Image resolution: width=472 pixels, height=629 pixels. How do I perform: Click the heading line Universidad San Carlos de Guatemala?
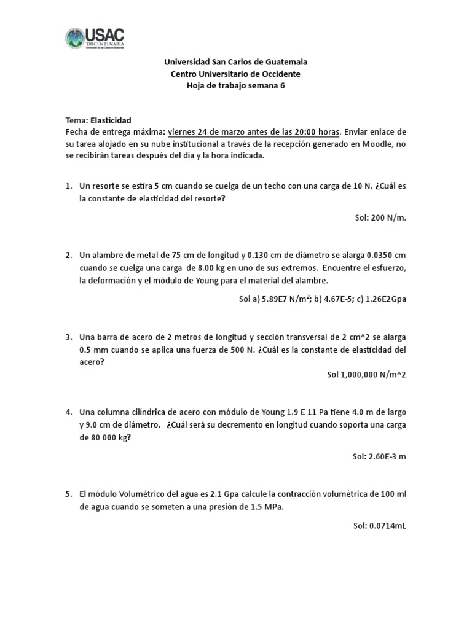click(235, 62)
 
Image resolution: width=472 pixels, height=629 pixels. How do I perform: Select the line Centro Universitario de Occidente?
click(235, 74)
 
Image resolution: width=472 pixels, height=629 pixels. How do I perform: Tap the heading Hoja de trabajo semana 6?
click(235, 86)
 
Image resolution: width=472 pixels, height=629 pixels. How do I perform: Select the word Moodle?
click(376, 144)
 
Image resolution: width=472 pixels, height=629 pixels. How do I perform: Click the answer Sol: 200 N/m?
click(381, 217)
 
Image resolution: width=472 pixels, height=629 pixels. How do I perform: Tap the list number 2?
click(69, 254)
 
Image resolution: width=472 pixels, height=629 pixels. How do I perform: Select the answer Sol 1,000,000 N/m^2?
click(366, 374)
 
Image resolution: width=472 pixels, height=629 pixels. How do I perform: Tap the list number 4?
click(69, 412)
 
